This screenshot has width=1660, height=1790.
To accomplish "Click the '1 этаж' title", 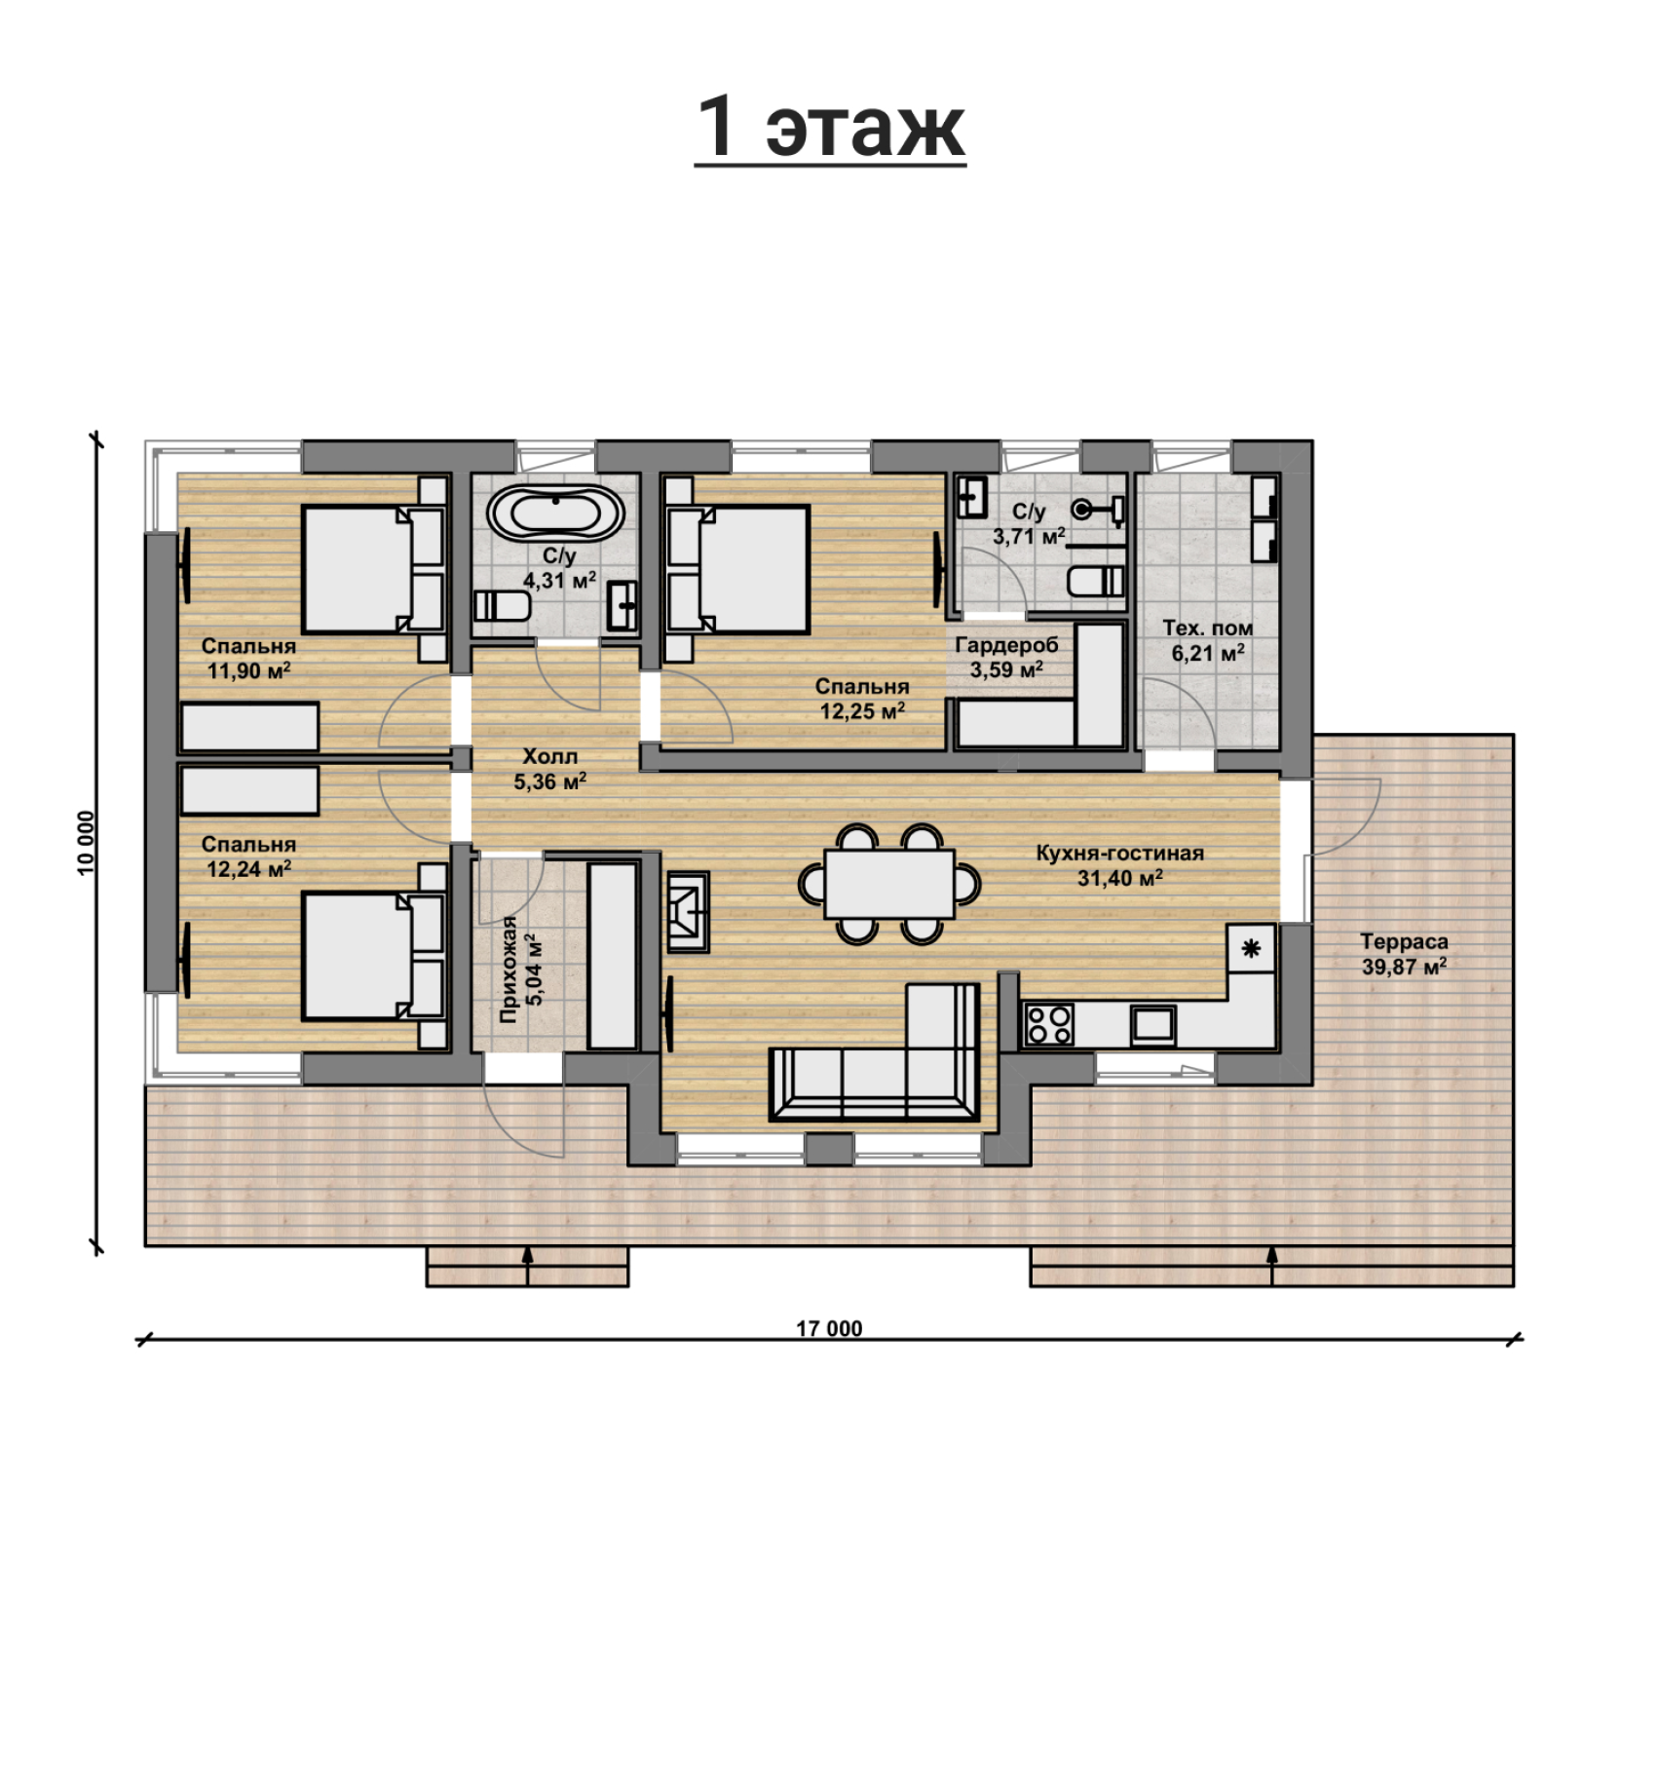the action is [830, 128].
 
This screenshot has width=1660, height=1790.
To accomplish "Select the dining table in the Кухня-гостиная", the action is [888, 883].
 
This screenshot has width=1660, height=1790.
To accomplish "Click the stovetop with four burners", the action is [1049, 1024].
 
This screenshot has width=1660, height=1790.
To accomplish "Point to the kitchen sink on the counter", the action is [1153, 1025].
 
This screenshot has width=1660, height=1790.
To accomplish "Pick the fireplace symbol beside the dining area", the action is [688, 910].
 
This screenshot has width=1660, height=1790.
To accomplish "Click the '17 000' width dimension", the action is [829, 1328].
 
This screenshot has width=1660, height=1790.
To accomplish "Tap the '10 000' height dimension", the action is [87, 843].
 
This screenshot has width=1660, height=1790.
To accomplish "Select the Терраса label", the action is [1404, 941].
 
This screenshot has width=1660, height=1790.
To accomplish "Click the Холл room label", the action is [550, 756].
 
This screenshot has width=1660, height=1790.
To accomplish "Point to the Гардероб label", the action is [1006, 645].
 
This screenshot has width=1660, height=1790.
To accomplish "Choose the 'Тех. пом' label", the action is [1208, 628].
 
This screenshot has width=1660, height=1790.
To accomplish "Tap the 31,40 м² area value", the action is [1120, 878].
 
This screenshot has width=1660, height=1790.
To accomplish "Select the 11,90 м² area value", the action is [249, 670].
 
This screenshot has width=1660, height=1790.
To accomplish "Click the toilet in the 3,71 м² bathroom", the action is [1096, 581].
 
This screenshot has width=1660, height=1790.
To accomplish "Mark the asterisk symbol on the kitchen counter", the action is [1251, 947].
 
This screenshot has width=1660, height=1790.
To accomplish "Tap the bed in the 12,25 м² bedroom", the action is [737, 570].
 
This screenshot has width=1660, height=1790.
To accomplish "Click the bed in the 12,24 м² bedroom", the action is [374, 955].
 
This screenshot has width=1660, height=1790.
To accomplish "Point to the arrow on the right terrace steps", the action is [1271, 1265].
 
